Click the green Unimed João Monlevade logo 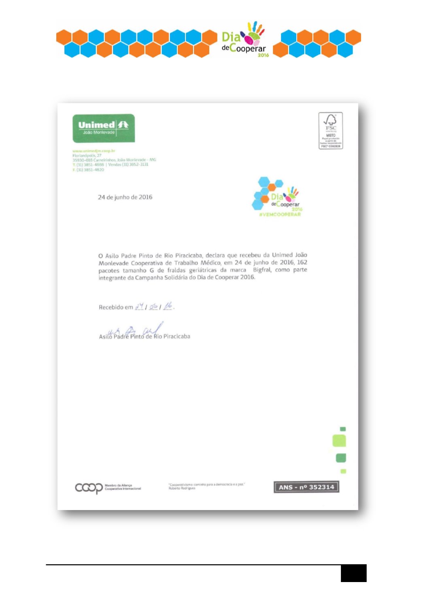pyautogui.click(x=104, y=128)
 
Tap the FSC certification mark pyautogui.click(x=330, y=131)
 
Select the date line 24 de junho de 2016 pyautogui.click(x=125, y=197)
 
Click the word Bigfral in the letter pyautogui.click(x=262, y=270)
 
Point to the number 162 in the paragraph pyautogui.click(x=302, y=262)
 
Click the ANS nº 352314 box pyautogui.click(x=306, y=487)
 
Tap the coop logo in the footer pyautogui.click(x=89, y=488)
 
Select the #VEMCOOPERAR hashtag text pyautogui.click(x=280, y=214)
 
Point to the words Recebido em pyautogui.click(x=116, y=307)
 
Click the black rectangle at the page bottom pyautogui.click(x=353, y=573)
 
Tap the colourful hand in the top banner pyautogui.click(x=254, y=34)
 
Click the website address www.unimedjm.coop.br pyautogui.click(x=94, y=151)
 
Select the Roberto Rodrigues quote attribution pyautogui.click(x=182, y=488)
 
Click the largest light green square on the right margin pyautogui.click(x=339, y=440)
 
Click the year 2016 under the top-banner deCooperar pyautogui.click(x=263, y=55)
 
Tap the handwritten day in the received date pyautogui.click(x=139, y=307)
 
